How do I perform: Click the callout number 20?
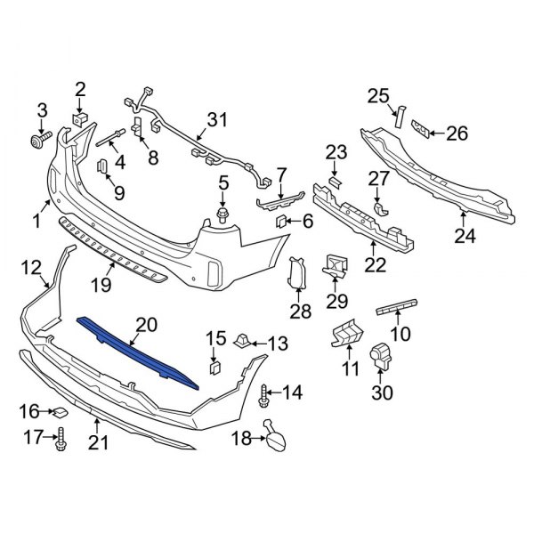tap(145, 325)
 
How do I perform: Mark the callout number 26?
tap(457, 133)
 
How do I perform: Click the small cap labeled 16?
tap(54, 412)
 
